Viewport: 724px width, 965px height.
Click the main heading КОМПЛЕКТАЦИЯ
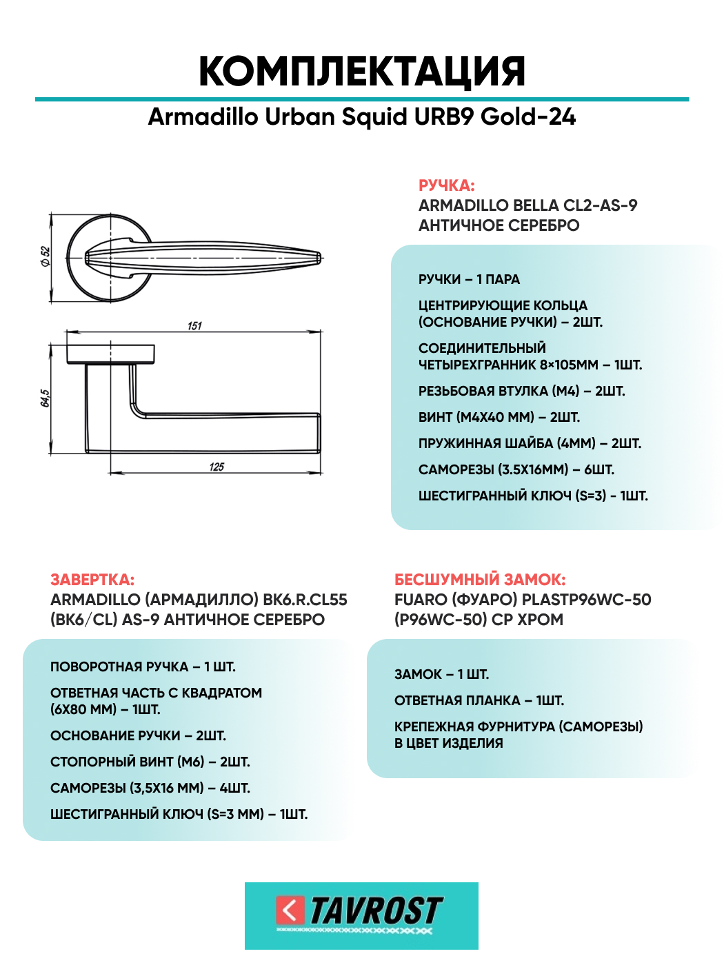coord(362,71)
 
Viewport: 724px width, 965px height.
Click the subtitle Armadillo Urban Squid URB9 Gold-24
coord(362,117)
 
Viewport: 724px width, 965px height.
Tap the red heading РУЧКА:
coord(446,185)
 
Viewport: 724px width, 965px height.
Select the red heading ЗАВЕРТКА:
coord(92,580)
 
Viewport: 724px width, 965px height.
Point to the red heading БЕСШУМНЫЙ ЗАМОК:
coord(480,580)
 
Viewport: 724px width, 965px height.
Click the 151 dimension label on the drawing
coord(194,325)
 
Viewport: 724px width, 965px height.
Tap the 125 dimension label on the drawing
coord(217,467)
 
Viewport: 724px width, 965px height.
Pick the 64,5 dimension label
coord(45,398)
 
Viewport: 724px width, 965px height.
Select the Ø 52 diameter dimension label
coord(46,256)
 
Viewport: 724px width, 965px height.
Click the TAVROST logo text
coord(376,911)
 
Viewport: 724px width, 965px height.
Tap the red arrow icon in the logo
coord(290,910)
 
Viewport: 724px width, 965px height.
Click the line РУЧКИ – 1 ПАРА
coord(469,279)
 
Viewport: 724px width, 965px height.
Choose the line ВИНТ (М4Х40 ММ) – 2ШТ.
coord(499,417)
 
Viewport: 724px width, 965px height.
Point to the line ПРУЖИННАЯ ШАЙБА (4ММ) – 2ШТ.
coord(530,443)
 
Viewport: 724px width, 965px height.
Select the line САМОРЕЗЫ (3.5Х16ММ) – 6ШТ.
coord(516,469)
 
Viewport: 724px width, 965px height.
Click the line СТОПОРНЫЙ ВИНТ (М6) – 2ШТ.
coord(150,762)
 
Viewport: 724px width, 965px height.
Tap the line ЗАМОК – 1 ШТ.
coord(441,674)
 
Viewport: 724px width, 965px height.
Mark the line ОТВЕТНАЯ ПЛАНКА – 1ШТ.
coord(479,700)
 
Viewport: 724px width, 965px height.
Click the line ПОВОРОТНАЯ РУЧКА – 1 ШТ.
coord(143,667)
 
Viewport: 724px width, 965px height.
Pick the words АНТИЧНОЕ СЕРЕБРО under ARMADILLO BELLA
coord(499,225)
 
